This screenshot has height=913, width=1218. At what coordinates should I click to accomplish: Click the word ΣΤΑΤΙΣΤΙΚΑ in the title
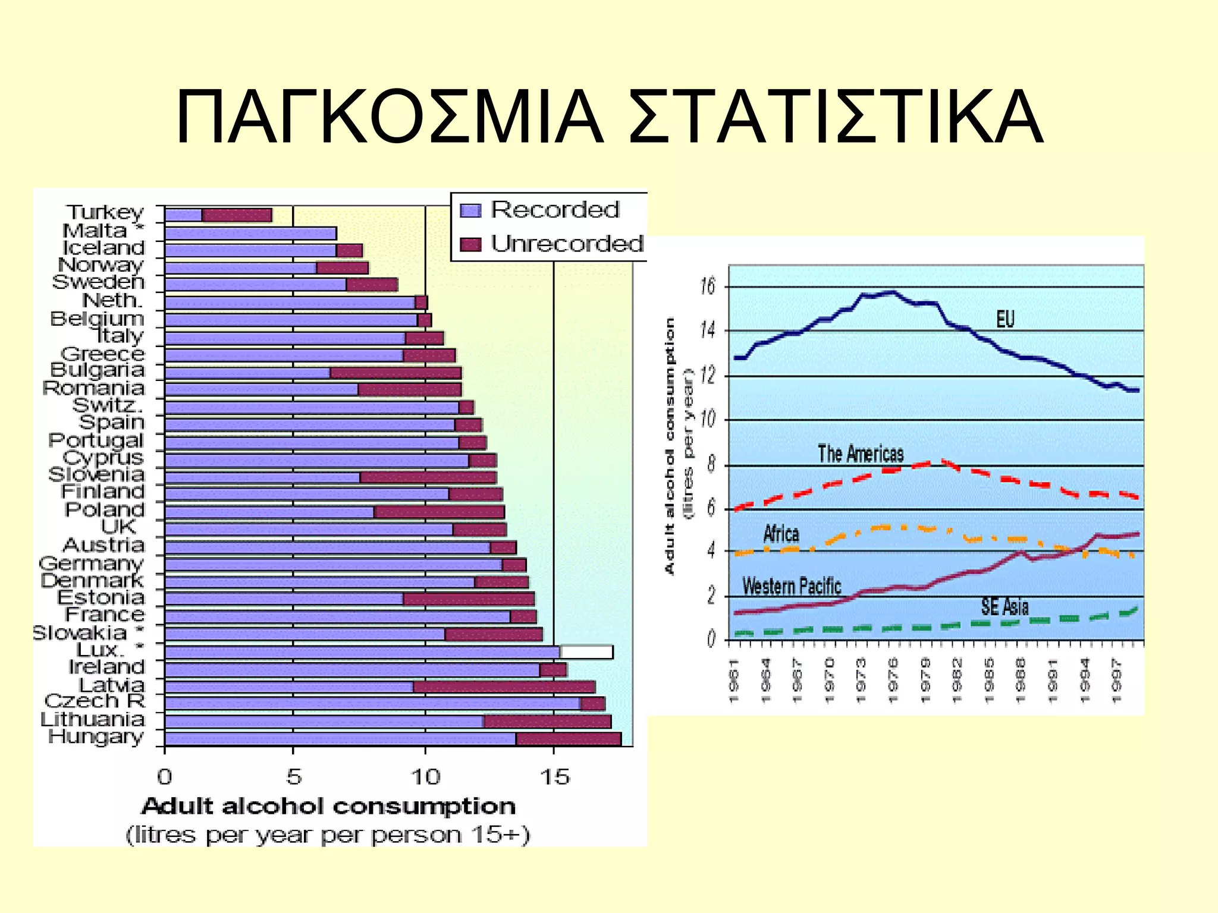click(x=835, y=117)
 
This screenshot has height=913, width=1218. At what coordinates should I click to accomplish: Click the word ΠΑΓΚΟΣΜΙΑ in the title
click(x=390, y=117)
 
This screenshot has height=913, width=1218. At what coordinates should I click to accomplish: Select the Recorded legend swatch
click(x=470, y=210)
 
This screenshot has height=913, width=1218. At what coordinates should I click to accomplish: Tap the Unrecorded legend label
click(x=567, y=244)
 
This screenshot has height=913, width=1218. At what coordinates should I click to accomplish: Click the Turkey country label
click(x=105, y=212)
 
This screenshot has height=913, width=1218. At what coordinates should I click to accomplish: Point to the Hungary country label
click(x=96, y=736)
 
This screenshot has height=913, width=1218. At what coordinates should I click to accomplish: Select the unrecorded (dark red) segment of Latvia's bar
click(x=504, y=687)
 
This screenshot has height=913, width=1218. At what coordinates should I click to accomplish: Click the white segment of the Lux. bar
click(x=586, y=652)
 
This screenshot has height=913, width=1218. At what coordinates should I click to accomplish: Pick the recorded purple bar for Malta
click(x=250, y=233)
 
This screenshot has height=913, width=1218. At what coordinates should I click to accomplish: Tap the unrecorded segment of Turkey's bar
click(x=237, y=215)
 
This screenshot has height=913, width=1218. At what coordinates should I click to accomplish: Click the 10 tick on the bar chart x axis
click(x=425, y=777)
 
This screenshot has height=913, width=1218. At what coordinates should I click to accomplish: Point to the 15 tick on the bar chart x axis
click(x=554, y=777)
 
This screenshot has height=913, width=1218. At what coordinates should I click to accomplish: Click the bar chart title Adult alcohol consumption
click(x=328, y=807)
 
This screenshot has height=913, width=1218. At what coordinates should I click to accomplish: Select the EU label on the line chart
click(x=1005, y=319)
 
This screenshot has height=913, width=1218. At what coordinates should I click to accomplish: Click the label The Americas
click(x=861, y=454)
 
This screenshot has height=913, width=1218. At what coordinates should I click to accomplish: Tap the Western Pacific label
click(x=792, y=587)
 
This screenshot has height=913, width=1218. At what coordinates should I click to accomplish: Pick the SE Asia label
click(x=1004, y=607)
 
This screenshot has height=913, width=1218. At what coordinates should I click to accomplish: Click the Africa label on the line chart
click(x=781, y=534)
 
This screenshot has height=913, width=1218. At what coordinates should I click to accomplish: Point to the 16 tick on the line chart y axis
click(x=708, y=287)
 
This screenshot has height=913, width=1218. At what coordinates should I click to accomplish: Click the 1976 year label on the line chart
click(x=893, y=681)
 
